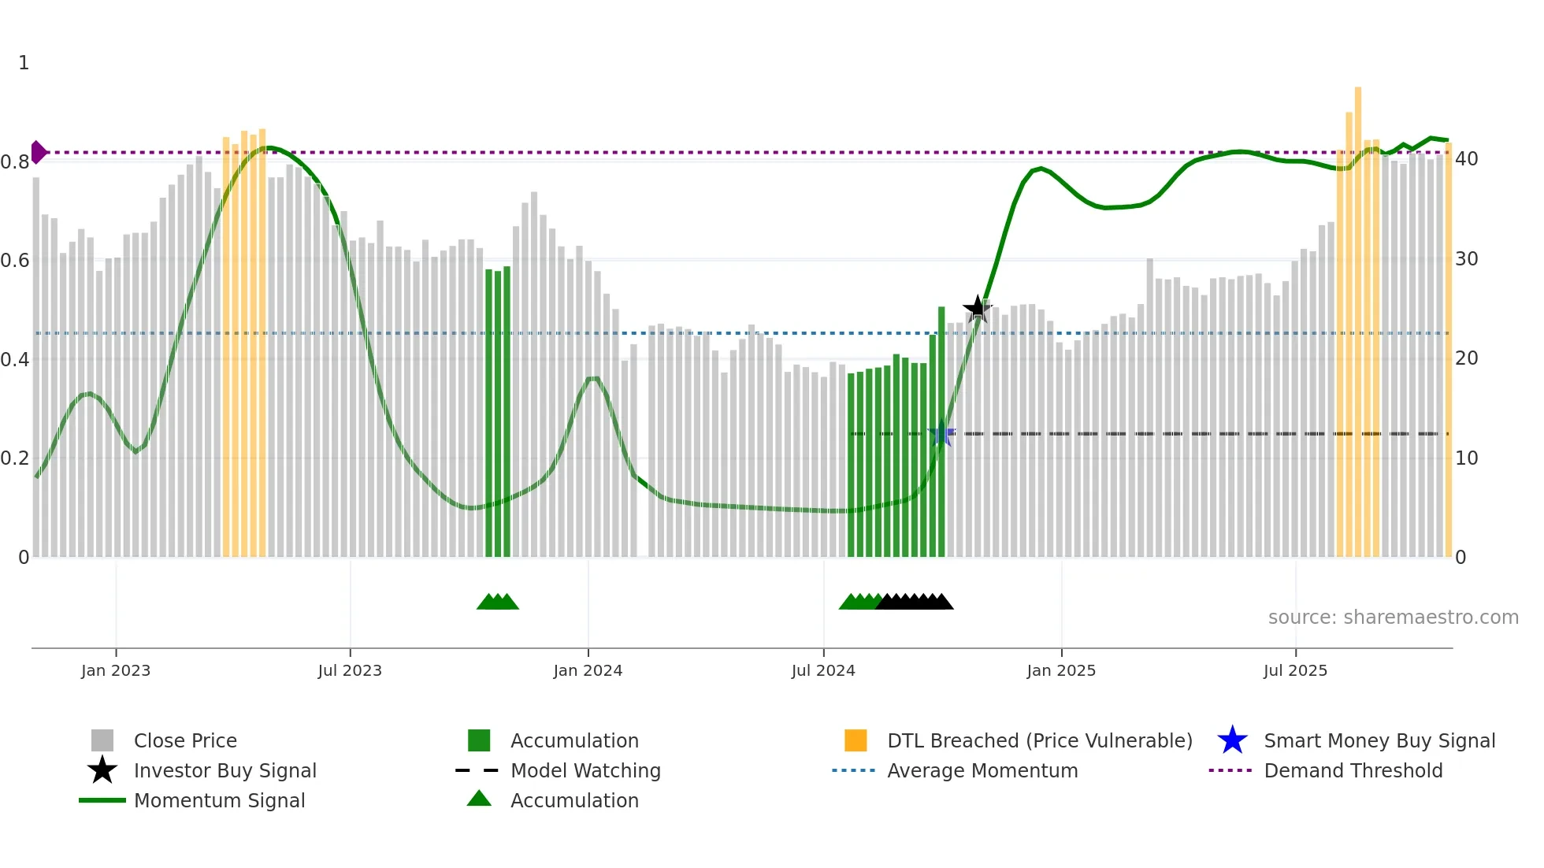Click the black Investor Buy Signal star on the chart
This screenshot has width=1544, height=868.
978,309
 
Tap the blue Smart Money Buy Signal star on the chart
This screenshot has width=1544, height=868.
941,434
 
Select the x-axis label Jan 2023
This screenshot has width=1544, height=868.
116,670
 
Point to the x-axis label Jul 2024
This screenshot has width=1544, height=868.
823,670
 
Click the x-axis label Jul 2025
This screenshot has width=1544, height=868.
1295,670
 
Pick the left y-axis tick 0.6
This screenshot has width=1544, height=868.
15,260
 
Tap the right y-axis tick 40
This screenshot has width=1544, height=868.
1466,159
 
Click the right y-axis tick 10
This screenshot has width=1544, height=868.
1466,458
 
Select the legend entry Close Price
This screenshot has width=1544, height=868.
185,740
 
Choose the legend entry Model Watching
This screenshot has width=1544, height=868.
585,770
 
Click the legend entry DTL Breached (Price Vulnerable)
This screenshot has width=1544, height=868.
1039,740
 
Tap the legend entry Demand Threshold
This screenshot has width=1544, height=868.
1353,770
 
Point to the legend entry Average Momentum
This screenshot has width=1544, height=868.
982,770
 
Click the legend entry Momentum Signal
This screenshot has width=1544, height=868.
219,800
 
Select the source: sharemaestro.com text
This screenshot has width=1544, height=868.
1393,618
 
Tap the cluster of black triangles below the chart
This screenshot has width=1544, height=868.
914,602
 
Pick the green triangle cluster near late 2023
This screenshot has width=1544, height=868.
498,602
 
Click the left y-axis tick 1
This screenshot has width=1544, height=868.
24,63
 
